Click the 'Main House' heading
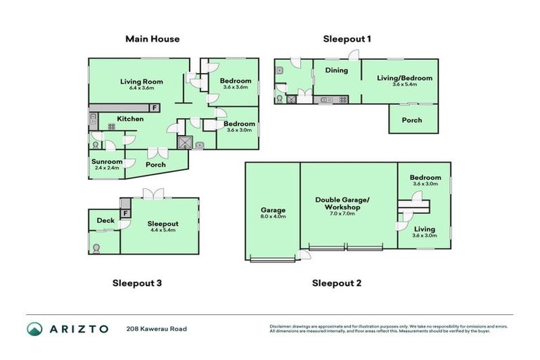pyautogui.click(x=153, y=39)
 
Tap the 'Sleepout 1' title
pyautogui.click(x=347, y=39)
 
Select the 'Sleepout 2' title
pyautogui.click(x=337, y=283)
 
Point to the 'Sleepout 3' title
pyautogui.click(x=138, y=283)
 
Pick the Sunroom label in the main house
pyautogui.click(x=107, y=162)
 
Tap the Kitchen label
pyautogui.click(x=130, y=119)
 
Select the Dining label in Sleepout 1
pyautogui.click(x=336, y=70)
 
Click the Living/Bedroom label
pyautogui.click(x=404, y=78)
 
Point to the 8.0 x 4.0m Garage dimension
pyautogui.click(x=274, y=217)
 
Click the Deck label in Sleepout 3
pyautogui.click(x=105, y=221)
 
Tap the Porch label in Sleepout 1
pyautogui.click(x=412, y=120)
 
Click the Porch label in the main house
pyautogui.click(x=155, y=165)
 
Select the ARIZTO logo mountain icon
pyautogui.click(x=34, y=328)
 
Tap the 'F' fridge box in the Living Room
pyautogui.click(x=154, y=108)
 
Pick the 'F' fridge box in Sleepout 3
pyautogui.click(x=125, y=213)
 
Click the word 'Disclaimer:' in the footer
pyautogui.click(x=283, y=326)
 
